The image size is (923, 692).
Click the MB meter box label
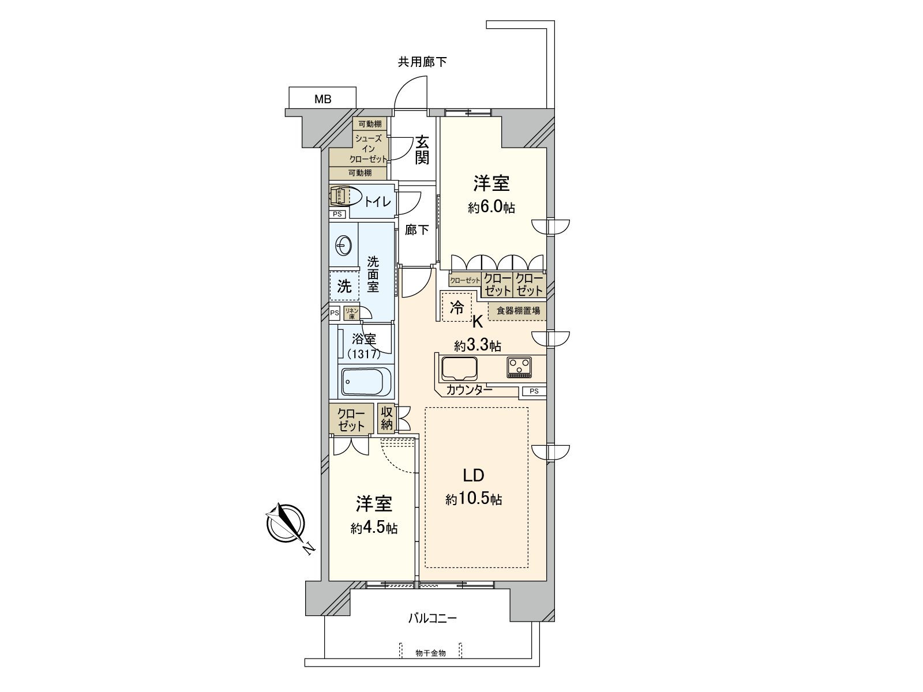pos(322,99)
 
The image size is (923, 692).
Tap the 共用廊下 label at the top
pos(422,62)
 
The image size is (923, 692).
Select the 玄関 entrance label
pos(422,149)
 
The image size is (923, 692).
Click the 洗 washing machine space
pos(344,286)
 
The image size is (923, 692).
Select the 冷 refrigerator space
pos(456,307)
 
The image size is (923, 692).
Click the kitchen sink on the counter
pos(459,368)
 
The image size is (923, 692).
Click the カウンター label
pos(469,390)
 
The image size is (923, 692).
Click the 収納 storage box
pos(387,419)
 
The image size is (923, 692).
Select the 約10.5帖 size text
pos(473,499)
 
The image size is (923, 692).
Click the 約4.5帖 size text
pos(373,528)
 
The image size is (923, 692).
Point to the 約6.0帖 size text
pos(491,208)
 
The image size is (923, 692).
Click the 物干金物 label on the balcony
pos(430,653)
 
